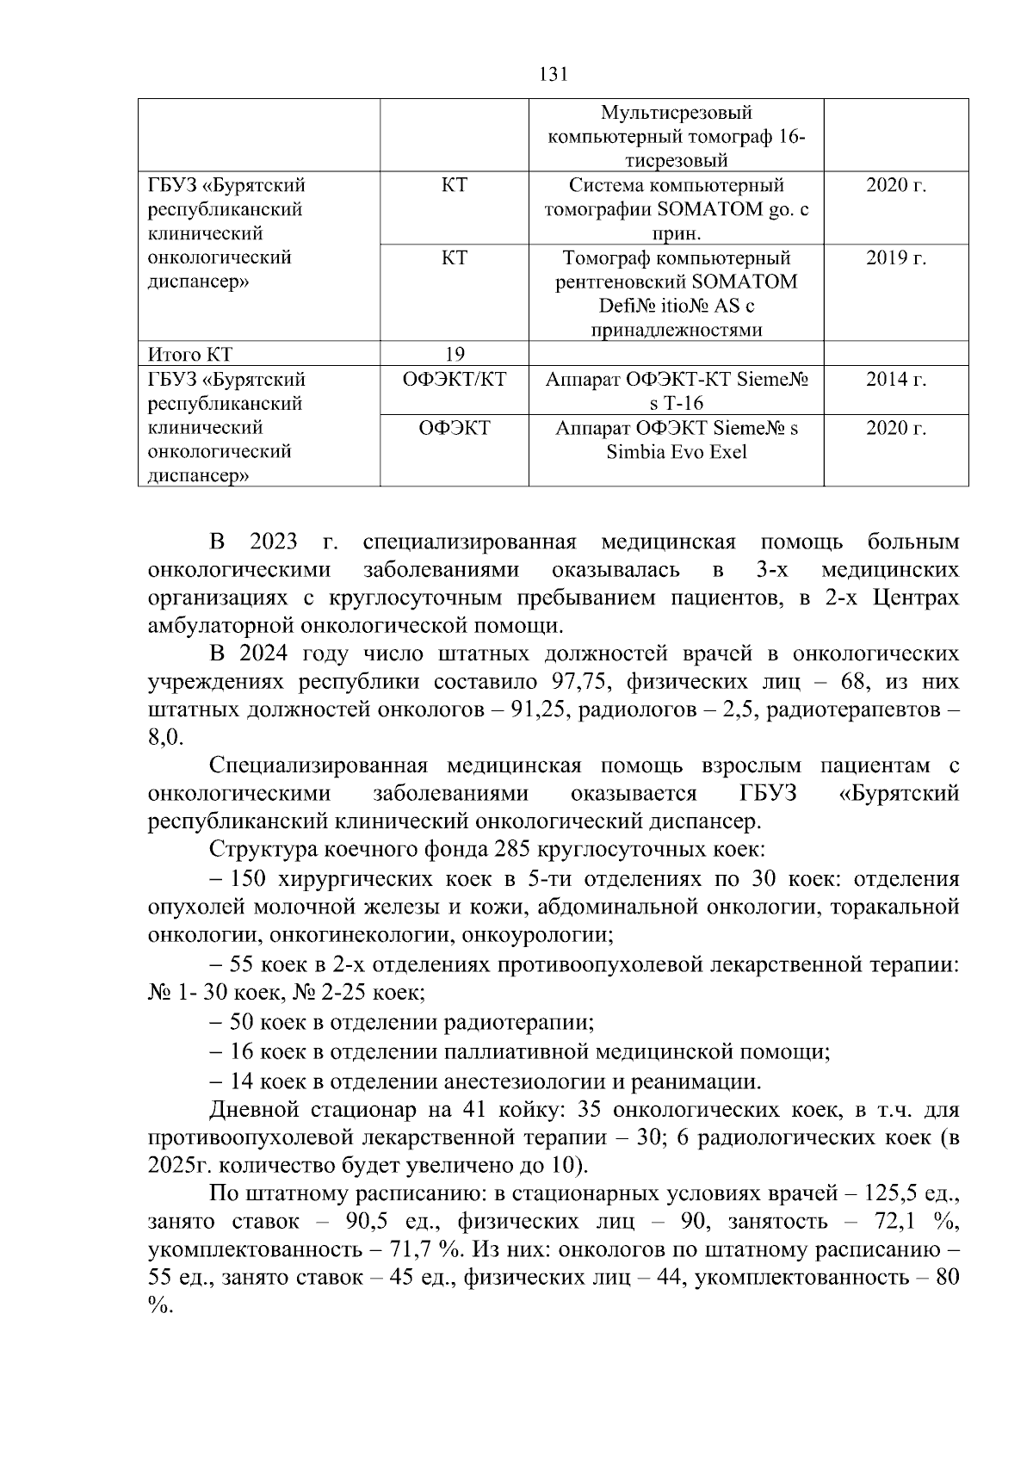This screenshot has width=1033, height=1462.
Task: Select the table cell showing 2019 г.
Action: [x=895, y=258]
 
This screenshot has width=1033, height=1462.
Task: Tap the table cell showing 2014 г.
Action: [x=895, y=380]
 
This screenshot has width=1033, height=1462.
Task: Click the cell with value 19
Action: [x=455, y=354]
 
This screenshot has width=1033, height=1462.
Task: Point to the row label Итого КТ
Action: [x=190, y=354]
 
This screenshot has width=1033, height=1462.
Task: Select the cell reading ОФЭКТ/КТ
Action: [x=455, y=380]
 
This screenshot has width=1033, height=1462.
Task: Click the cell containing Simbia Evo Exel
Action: [x=676, y=452]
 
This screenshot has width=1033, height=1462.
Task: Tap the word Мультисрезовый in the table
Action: [x=676, y=113]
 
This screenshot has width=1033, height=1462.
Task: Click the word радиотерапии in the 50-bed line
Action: [x=518, y=1023]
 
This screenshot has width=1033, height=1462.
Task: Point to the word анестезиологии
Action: [x=525, y=1081]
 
